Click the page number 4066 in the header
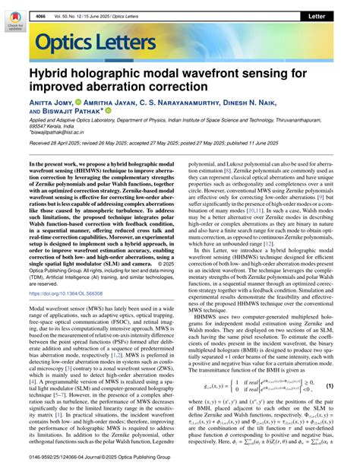[39, 15]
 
